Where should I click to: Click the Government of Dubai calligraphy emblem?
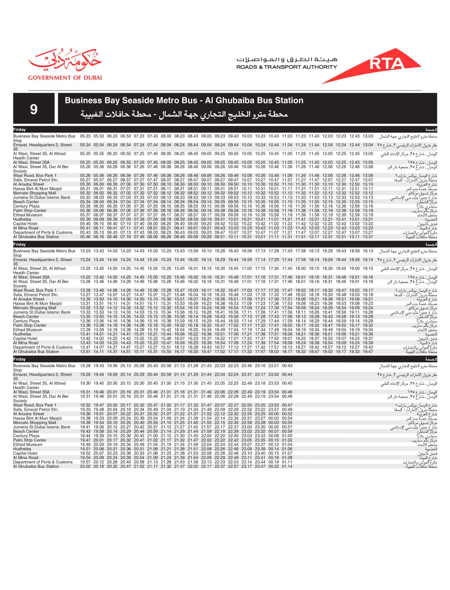pyautogui.click(x=65, y=61)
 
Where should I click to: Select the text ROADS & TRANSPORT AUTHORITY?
pyautogui.click(x=286, y=67)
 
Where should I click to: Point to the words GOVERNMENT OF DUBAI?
pyautogui.click(x=65, y=78)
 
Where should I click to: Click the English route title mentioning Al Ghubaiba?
pyautogui.click(x=184, y=100)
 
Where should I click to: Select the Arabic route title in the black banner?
pyautogui.click(x=184, y=115)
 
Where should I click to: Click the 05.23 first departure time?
pyautogui.click(x=85, y=136)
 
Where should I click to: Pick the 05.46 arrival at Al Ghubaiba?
pyautogui.click(x=85, y=237)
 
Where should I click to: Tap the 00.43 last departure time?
pyautogui.click(x=287, y=366)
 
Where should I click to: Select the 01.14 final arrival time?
pyautogui.click(x=287, y=466)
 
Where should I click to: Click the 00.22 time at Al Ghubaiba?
pyautogui.click(x=274, y=466)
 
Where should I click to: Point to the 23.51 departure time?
pyautogui.click(x=274, y=366)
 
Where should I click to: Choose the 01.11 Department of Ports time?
pyautogui.click(x=287, y=462)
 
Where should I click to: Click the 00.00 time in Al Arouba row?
pyautogui.click(x=274, y=414)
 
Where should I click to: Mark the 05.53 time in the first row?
pyautogui.click(x=98, y=136)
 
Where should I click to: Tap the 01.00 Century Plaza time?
pyautogui.click(x=287, y=436)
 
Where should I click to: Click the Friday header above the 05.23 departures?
pyautogui.click(x=20, y=130)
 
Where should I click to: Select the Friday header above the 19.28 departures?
pyautogui.click(x=20, y=359)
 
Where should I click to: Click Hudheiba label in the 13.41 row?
pyautogui.click(x=22, y=334)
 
